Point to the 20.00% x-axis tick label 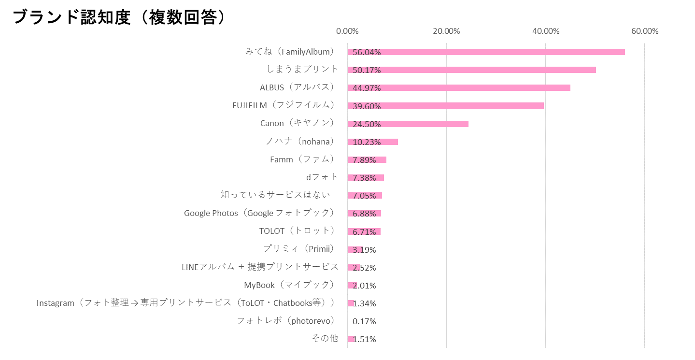(x=446, y=31)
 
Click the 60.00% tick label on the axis (x=644, y=31)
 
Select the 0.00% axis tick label (x=347, y=31)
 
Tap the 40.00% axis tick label (x=546, y=31)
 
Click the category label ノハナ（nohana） (x=300, y=141)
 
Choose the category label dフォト (x=322, y=177)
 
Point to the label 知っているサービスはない (x=275, y=195)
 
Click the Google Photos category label (x=259, y=213)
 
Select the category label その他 (x=325, y=338)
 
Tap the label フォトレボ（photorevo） (x=286, y=320)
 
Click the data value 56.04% (x=367, y=52)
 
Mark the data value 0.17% (x=364, y=321)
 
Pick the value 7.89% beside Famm (x=364, y=160)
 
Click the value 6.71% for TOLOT (x=364, y=232)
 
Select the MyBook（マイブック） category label (x=289, y=285)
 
